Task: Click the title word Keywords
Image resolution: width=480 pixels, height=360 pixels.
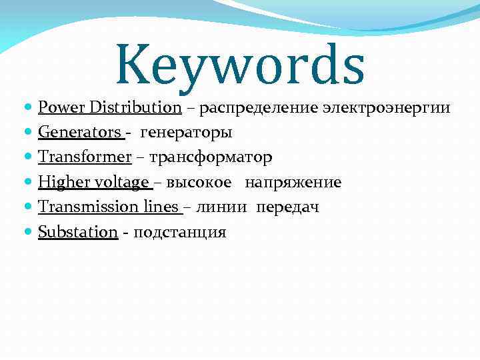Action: point(240,65)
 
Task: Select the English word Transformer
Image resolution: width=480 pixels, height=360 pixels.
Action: point(84,157)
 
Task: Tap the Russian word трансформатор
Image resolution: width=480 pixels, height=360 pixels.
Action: point(211,158)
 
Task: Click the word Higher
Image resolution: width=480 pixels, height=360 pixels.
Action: point(62,182)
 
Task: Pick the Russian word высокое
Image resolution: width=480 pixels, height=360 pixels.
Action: point(199,183)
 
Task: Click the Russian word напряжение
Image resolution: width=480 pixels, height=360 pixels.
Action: point(293,183)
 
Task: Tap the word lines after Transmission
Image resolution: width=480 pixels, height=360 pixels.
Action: point(160,207)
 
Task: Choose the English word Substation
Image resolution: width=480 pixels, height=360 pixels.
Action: point(78,232)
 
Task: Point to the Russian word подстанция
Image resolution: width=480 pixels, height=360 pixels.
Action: point(180,233)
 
